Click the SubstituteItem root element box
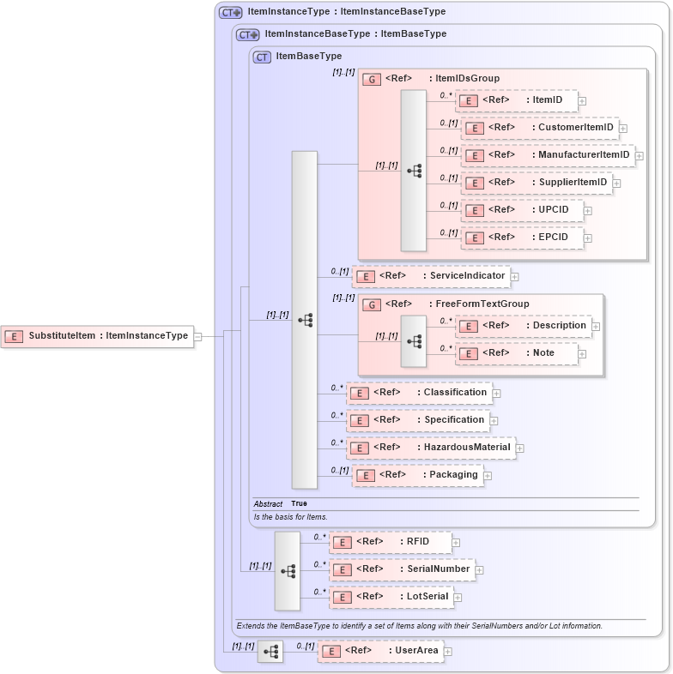[96, 336]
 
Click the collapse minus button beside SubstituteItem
[198, 336]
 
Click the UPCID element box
[522, 210]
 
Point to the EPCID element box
[522, 238]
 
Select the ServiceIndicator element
[432, 276]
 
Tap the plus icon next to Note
[582, 354]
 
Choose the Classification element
[419, 393]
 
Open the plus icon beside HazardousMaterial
[520, 448]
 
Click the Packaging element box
[417, 475]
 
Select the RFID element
[391, 542]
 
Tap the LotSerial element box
[391, 597]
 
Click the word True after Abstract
[299, 504]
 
